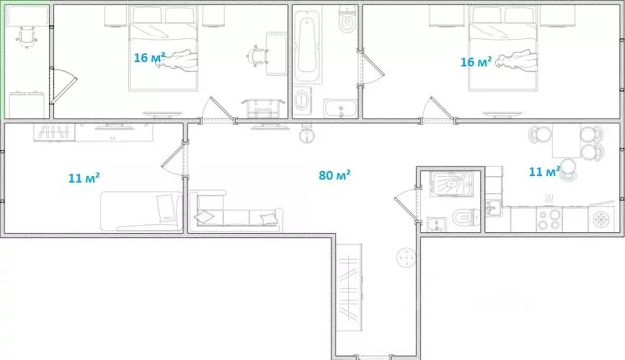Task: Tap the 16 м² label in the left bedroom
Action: [149, 57]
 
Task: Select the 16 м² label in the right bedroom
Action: [476, 62]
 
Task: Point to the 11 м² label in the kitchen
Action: [544, 172]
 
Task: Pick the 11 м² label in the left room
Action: [84, 177]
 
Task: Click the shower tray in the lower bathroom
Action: [450, 183]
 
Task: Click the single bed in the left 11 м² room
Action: [141, 210]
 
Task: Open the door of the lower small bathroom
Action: [404, 201]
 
